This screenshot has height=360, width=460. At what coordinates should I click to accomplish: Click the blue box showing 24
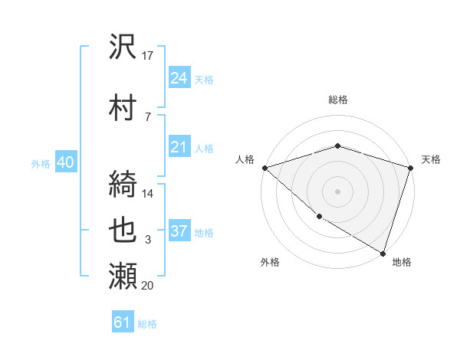179,77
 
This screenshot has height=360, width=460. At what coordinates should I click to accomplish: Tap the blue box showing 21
179,147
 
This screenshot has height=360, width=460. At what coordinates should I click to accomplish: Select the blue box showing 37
179,231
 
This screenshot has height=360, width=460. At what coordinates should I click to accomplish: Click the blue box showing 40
65,162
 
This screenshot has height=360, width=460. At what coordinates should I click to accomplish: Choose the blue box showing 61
123,322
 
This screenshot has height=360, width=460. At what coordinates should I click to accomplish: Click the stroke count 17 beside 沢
148,56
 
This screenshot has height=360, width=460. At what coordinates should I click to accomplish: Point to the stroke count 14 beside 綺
148,193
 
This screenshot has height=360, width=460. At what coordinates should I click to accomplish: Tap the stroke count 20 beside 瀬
148,286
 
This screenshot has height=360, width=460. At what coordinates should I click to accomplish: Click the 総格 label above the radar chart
337,100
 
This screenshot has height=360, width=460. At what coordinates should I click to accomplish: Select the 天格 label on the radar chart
431,159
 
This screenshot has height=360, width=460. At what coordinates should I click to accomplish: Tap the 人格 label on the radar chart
245,159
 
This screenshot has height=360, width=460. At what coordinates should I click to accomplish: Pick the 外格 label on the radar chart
270,262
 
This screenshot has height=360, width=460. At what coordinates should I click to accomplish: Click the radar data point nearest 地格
383,253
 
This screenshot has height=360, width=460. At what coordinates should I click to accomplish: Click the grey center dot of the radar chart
337,191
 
